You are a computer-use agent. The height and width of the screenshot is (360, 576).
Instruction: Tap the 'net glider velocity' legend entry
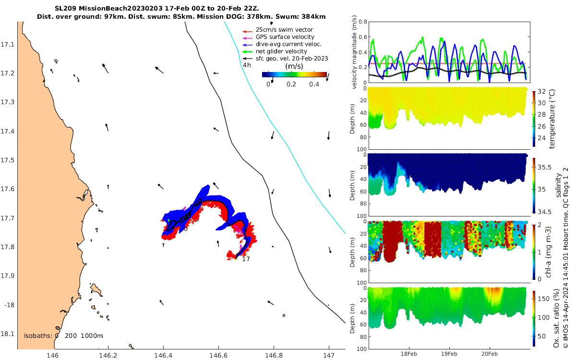coord(281,51)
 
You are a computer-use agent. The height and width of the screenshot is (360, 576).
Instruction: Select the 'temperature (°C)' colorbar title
coord(552,118)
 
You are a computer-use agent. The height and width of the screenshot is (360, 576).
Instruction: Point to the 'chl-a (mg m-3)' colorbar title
coord(552,252)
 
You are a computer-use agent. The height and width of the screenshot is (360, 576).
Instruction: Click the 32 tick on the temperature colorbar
coord(541,91)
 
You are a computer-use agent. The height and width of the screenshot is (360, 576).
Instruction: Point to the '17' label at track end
coord(246,259)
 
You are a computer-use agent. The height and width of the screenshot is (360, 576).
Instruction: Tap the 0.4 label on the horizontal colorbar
coord(314,84)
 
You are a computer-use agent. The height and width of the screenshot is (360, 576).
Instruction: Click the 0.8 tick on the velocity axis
coord(363,22)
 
